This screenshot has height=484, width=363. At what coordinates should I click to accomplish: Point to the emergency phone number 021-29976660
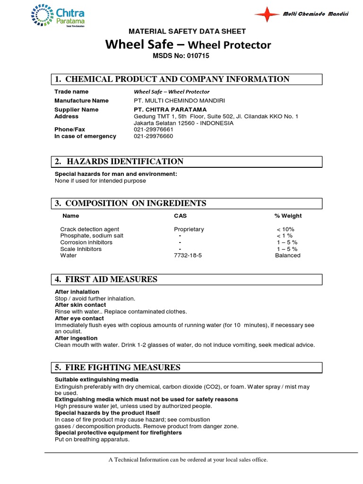click(154, 136)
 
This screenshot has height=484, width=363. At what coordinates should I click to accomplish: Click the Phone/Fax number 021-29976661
click(154, 130)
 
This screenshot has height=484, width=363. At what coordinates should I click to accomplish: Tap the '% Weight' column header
click(288, 216)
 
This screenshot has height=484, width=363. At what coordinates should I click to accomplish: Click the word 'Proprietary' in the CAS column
click(189, 229)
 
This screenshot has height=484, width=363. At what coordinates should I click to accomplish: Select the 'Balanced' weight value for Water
click(287, 255)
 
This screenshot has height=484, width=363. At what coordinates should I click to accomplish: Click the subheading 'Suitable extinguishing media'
click(96, 380)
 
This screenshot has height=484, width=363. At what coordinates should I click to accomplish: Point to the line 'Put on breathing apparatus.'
click(92, 439)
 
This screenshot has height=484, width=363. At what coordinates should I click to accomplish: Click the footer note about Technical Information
click(188, 459)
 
